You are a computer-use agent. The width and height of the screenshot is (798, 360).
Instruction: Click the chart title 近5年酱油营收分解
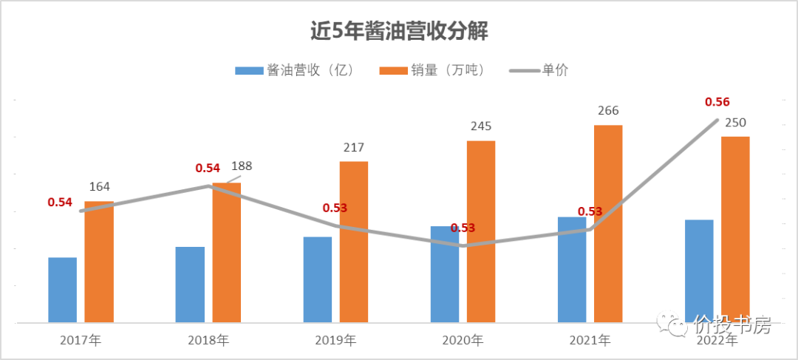(399, 32)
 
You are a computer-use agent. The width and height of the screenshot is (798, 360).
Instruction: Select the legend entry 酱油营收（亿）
(295, 70)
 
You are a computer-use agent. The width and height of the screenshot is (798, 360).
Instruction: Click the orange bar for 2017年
(99, 262)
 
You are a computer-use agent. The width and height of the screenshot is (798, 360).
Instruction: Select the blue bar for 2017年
(63, 290)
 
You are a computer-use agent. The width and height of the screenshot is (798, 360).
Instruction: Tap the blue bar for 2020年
(445, 274)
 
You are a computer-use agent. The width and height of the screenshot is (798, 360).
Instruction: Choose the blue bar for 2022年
(699, 271)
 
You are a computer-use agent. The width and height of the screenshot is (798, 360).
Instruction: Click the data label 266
(608, 111)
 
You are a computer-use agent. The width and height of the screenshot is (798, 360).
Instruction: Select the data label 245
(481, 126)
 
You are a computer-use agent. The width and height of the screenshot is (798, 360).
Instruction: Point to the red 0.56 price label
(717, 102)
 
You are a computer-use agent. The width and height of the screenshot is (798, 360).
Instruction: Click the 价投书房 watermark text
(732, 325)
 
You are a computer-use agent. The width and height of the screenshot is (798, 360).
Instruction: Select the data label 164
(100, 187)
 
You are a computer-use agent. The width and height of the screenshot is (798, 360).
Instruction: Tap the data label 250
(735, 122)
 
